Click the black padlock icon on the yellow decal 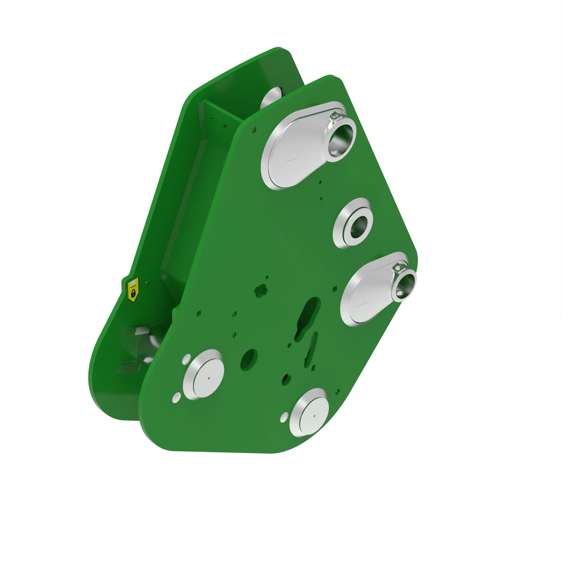pos(133,293)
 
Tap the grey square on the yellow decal pos(133,283)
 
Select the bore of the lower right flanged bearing pos(405,283)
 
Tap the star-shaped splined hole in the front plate pos(261,291)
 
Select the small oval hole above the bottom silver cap pos(287,379)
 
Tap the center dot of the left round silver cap pos(209,378)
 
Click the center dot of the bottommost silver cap pos(314,416)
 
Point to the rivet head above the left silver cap pos(186,359)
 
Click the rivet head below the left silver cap pos(177,397)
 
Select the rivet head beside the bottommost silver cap pos(284,417)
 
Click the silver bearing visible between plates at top pos(271,98)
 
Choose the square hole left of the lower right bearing pos(334,289)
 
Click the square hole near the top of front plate pos(254,129)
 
